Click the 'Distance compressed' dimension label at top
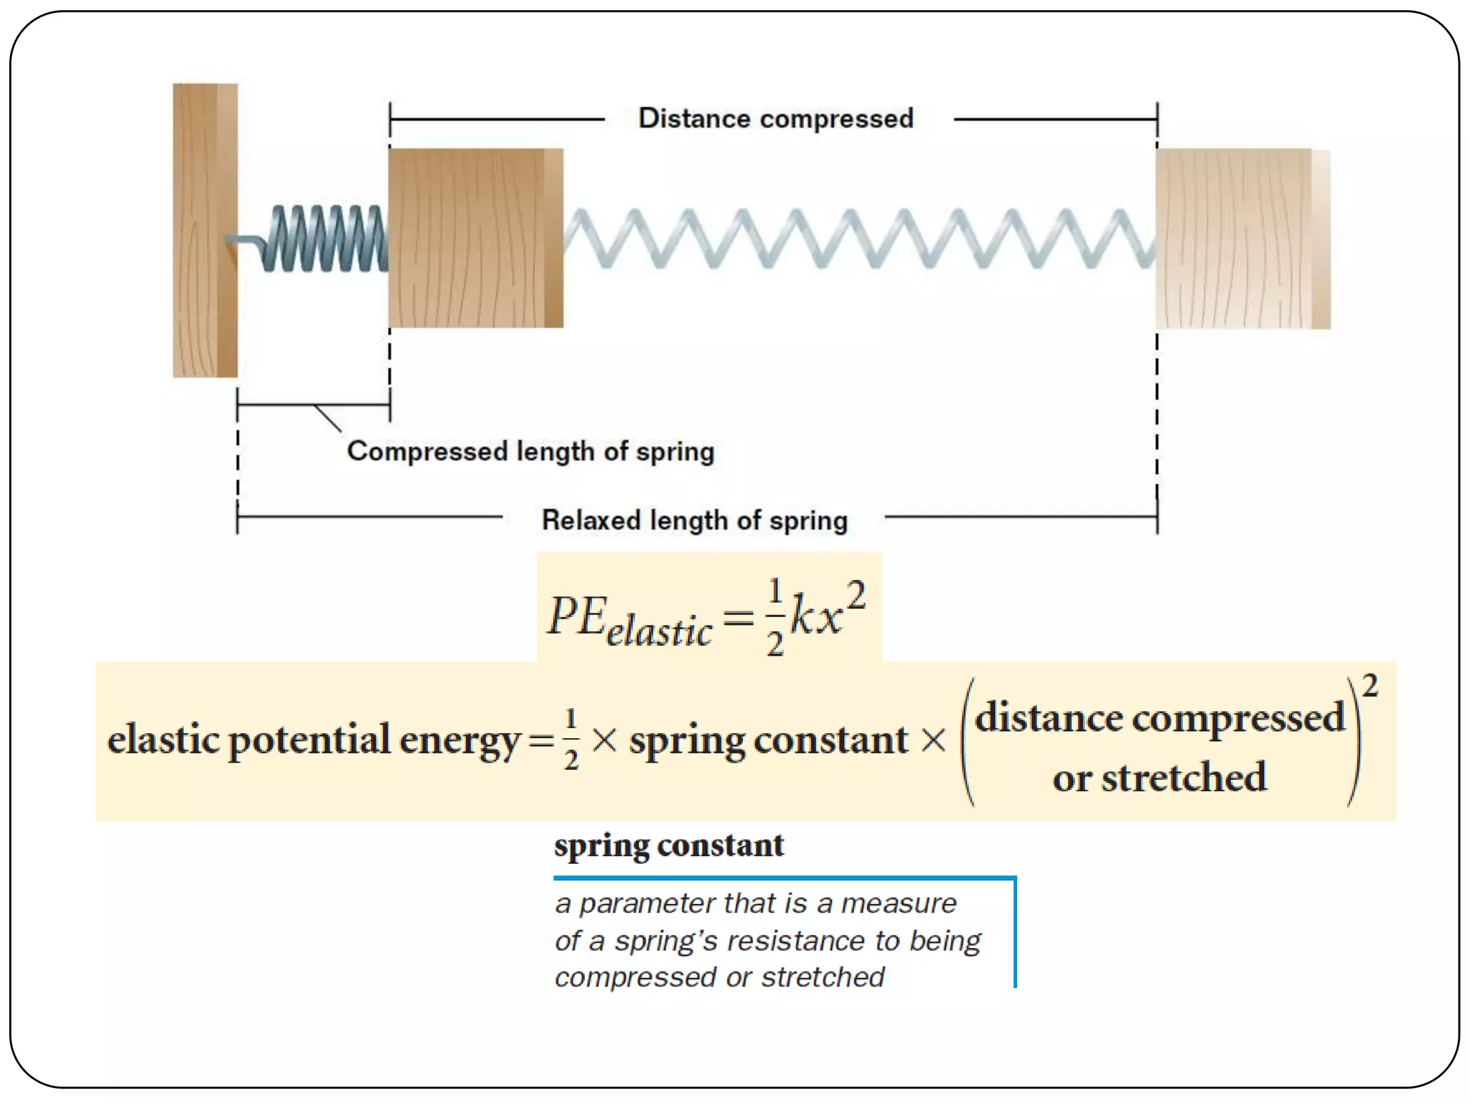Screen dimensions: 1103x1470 pos(775,118)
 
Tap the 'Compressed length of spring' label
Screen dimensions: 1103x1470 pos(530,452)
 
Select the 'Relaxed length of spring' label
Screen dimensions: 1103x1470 pos(694,520)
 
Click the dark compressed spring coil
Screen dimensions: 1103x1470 pos(323,239)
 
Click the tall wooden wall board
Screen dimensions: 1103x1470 pos(205,231)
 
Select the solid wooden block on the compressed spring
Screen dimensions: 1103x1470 pos(475,238)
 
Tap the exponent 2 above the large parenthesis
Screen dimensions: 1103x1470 pos(1370,686)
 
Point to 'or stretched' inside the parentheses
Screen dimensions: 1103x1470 pos(1159,778)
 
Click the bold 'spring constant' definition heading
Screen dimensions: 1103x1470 pos(668,845)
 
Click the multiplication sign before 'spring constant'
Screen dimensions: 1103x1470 pos(604,740)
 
